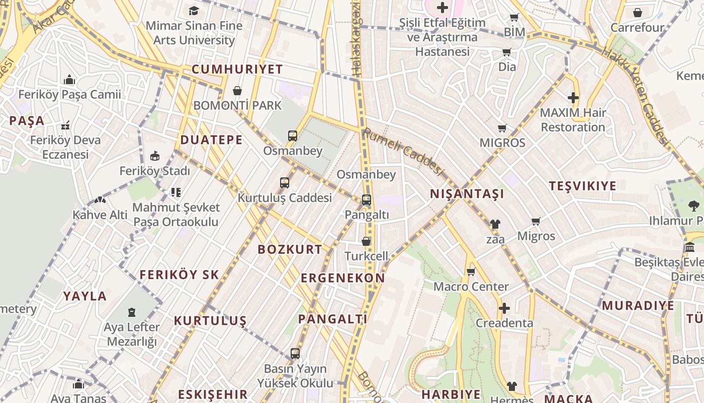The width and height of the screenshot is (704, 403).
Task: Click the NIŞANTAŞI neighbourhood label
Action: [467, 194]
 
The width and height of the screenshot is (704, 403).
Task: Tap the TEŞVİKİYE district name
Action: [582, 186]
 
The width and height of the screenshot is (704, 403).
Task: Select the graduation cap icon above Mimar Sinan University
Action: [194, 11]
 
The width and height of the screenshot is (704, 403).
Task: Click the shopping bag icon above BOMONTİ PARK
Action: [237, 91]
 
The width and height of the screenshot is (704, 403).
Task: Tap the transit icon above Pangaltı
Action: [367, 200]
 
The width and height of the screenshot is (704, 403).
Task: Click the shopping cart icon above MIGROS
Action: [502, 128]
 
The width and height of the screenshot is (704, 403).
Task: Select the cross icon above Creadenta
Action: [504, 308]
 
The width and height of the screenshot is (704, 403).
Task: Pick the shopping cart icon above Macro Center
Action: [471, 272]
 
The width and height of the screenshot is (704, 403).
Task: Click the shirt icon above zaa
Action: [495, 224]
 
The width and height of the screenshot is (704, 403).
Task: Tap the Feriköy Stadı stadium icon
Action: [155, 156]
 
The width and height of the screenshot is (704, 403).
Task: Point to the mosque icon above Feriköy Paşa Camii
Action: [69, 80]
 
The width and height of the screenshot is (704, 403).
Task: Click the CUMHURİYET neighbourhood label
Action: [237, 70]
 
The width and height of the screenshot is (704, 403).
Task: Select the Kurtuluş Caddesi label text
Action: [285, 198]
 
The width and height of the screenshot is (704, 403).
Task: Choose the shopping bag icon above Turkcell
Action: [366, 241]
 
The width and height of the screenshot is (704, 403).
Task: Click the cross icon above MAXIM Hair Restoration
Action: [573, 98]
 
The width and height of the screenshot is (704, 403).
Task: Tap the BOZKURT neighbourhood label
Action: [290, 249]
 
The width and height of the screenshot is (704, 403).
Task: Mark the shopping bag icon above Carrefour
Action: [638, 13]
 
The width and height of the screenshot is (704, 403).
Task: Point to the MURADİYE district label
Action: [638, 305]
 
